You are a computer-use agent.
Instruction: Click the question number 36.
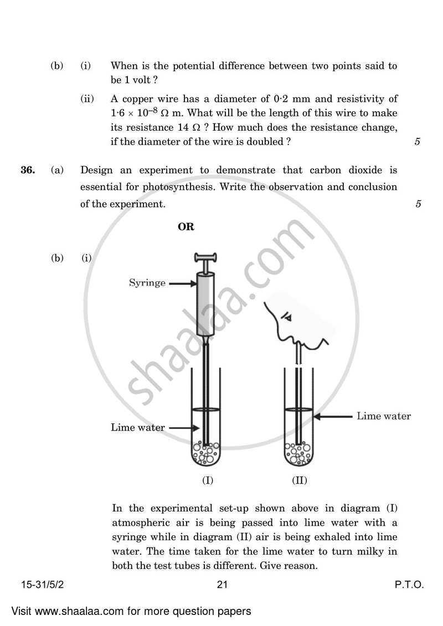click(28, 170)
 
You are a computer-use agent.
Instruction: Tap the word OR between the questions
click(186, 227)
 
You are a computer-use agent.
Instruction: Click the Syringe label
click(147, 283)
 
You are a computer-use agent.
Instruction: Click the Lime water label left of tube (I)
click(138, 427)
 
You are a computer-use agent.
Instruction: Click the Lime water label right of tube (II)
click(384, 416)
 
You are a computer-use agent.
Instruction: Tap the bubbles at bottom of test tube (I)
click(206, 453)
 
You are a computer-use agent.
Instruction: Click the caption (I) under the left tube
click(207, 480)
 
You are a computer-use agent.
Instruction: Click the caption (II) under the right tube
click(299, 480)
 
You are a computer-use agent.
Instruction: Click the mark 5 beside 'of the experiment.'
click(418, 204)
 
